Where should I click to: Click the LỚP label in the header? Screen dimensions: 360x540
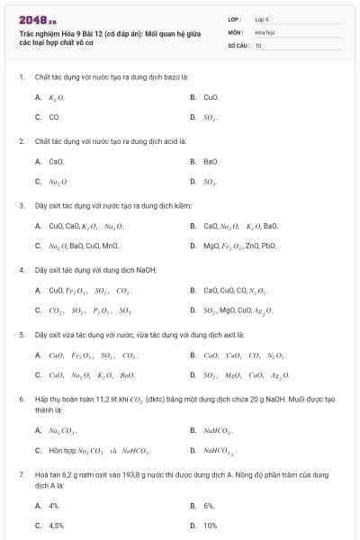(235, 18)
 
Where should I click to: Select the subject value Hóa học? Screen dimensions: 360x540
(264, 31)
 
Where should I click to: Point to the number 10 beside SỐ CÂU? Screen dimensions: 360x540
(258, 44)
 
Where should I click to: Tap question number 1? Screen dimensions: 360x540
(21, 76)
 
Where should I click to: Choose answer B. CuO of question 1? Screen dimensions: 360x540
(210, 96)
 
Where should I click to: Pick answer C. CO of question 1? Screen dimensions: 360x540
(54, 117)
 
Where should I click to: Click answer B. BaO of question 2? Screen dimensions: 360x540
(211, 161)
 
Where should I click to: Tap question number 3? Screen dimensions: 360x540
(21, 205)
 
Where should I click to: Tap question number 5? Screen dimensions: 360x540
(21, 334)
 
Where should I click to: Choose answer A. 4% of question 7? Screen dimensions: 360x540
(54, 506)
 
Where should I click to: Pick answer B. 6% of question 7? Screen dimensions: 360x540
(209, 506)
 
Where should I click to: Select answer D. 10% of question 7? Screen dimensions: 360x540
(210, 526)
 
